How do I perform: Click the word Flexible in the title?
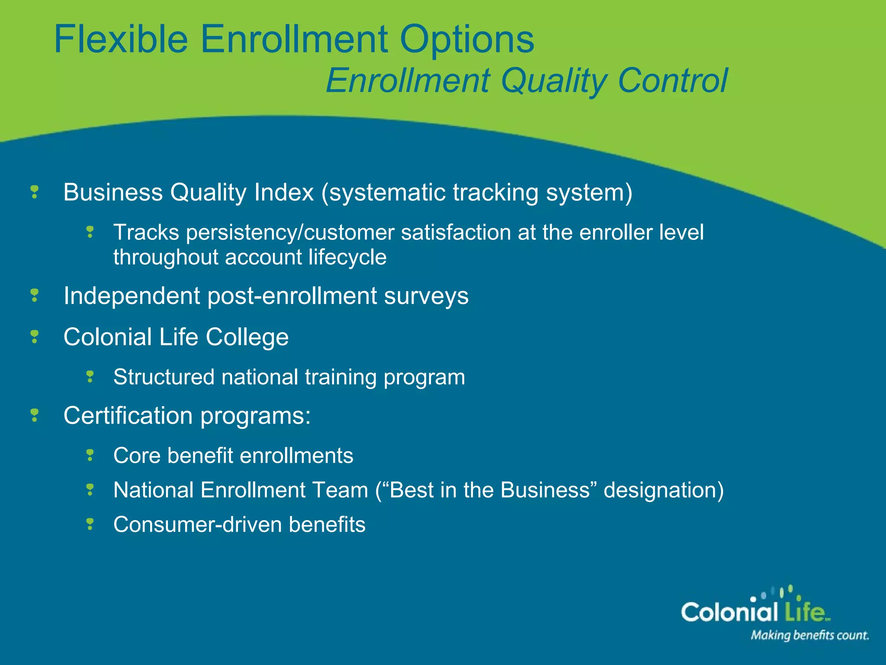tap(121, 39)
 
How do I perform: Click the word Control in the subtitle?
tap(673, 81)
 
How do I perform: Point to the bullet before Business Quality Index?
tap(35, 192)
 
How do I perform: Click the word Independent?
tap(132, 297)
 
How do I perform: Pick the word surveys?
tap(426, 297)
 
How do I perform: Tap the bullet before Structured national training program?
tap(90, 376)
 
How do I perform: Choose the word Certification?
tap(128, 416)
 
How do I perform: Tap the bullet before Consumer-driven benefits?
tap(90, 524)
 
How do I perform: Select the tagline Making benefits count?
tap(809, 636)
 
